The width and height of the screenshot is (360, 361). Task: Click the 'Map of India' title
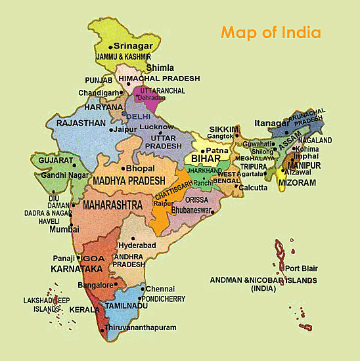(271, 32)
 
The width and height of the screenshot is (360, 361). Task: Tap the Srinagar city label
(133, 46)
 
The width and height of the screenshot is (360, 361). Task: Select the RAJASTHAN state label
(81, 123)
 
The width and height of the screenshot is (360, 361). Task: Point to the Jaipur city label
(125, 130)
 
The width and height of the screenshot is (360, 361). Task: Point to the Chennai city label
(160, 289)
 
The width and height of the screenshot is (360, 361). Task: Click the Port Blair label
(302, 268)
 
